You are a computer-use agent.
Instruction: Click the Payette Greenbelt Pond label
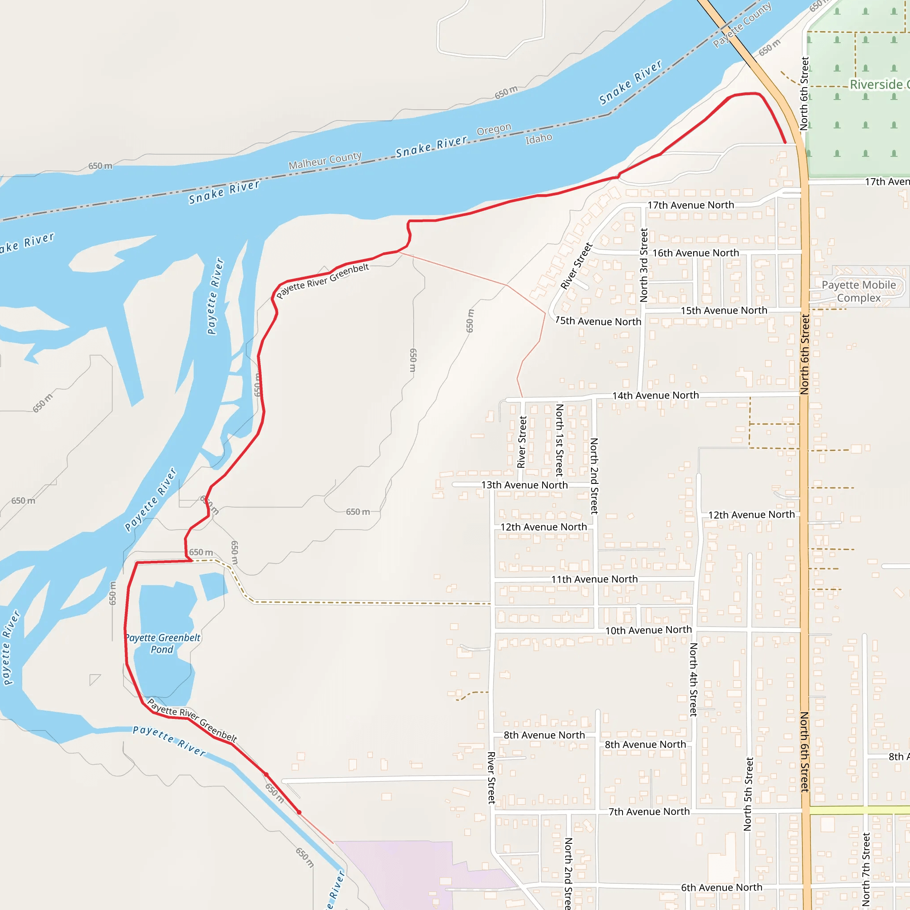pos(163,643)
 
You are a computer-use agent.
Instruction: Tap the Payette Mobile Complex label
pos(858,291)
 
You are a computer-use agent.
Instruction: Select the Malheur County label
pos(325,160)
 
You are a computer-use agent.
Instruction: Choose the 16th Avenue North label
pos(696,253)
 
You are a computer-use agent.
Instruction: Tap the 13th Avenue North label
pos(524,485)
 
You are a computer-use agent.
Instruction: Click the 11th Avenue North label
pos(595,579)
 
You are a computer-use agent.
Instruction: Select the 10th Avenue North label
pos(648,630)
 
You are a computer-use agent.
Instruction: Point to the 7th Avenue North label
pos(649,811)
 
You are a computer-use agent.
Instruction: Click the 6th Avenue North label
pos(722,887)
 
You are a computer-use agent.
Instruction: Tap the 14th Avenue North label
pos(656,395)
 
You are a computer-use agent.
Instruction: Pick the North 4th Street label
pos(693,679)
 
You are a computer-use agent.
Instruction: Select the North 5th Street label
pos(748,794)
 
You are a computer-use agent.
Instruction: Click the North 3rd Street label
pos(644,265)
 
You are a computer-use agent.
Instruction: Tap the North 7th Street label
pos(866,869)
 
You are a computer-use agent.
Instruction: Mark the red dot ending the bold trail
pos(299,812)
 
